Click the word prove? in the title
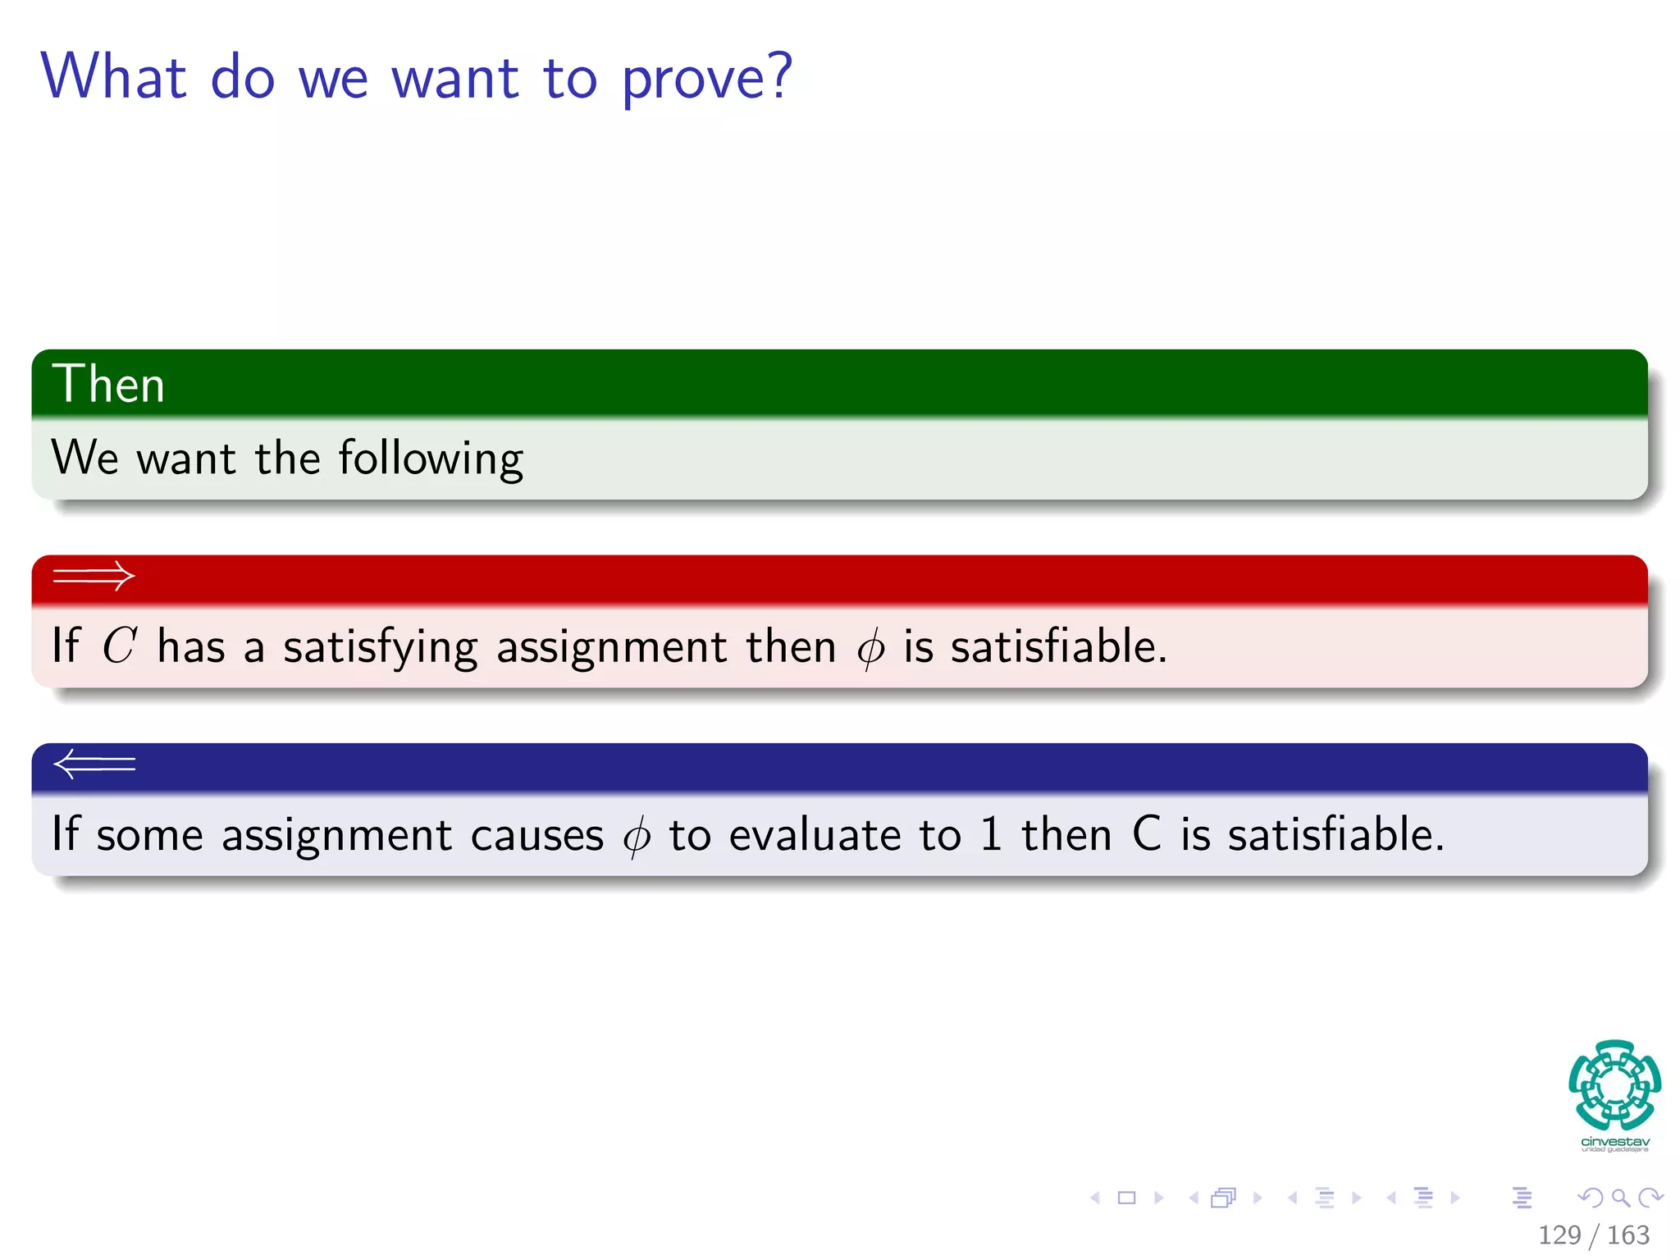[x=707, y=78]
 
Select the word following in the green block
[x=431, y=459]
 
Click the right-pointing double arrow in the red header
[x=94, y=576]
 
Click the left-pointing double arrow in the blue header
[x=94, y=764]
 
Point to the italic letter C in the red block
[x=119, y=646]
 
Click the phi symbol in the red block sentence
[x=870, y=648]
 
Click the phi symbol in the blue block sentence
[x=637, y=836]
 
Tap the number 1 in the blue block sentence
[x=991, y=834]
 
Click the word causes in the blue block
[x=536, y=836]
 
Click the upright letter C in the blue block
[x=1147, y=834]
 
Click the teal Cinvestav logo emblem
[x=1614, y=1084]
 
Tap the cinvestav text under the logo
[x=1614, y=1142]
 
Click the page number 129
[x=1559, y=1235]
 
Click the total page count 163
[x=1628, y=1235]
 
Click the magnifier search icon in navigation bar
[x=1620, y=1198]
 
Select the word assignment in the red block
[x=611, y=648]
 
